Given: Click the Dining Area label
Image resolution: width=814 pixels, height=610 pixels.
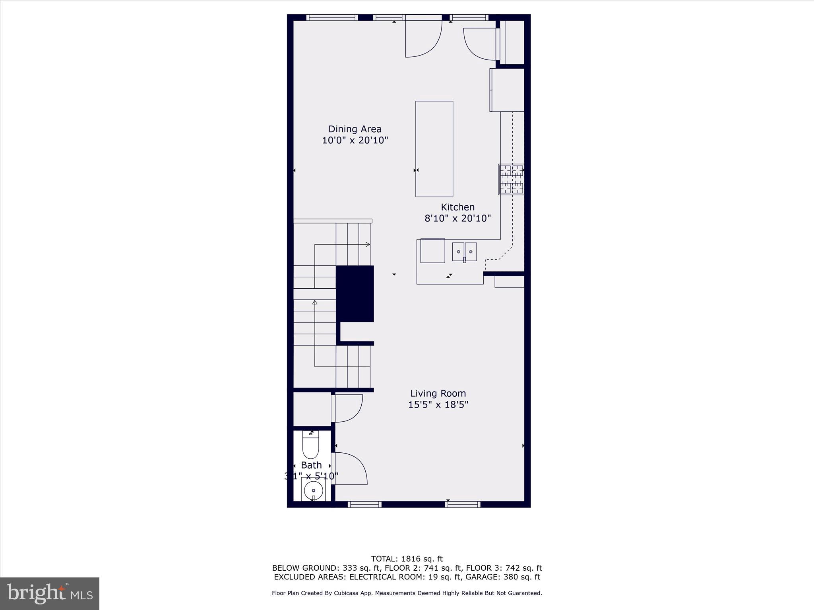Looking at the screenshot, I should [x=355, y=129].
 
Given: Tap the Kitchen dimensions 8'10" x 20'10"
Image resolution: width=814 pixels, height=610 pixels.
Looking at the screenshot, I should [x=457, y=218].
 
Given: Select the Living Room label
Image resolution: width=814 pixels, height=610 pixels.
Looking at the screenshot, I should [x=438, y=394].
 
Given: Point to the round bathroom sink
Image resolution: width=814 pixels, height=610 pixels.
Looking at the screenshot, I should [x=313, y=491].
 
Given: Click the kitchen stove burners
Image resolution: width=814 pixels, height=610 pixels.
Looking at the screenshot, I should [x=511, y=180].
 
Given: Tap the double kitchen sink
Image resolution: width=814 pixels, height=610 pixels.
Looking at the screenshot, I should [x=464, y=252].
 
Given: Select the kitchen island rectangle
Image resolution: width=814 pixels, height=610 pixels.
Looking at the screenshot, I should [x=434, y=149].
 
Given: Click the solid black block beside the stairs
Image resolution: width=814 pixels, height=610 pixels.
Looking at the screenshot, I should [x=355, y=293].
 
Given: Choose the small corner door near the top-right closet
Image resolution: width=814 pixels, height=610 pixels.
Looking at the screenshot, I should [x=480, y=44].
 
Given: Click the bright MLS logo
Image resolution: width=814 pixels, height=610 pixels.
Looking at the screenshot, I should [x=50, y=594].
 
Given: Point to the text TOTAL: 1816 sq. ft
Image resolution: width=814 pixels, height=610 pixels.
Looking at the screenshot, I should [x=407, y=559].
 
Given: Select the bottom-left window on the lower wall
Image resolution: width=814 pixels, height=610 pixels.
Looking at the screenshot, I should [x=364, y=504].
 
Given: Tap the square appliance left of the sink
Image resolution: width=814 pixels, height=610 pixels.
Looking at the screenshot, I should [x=432, y=251].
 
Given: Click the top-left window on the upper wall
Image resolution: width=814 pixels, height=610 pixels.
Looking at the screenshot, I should [x=332, y=17].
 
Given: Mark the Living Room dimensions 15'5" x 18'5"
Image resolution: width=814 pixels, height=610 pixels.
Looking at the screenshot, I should [x=438, y=405].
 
